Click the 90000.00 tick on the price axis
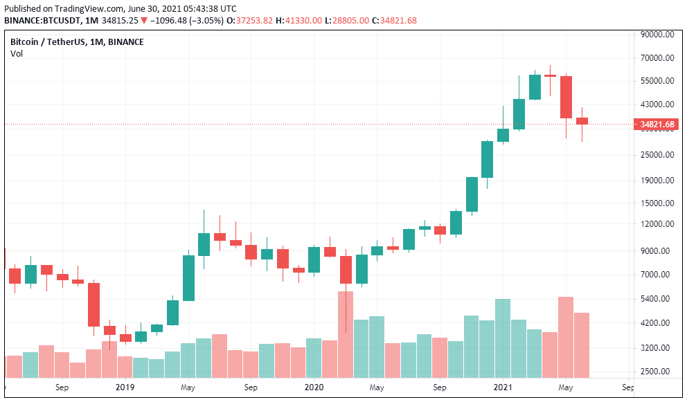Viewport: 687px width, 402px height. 657,35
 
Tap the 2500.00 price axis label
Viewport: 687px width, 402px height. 657,372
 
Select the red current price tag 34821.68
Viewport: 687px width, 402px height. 657,125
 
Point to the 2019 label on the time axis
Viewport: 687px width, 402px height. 125,388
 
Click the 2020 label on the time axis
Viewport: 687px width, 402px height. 314,388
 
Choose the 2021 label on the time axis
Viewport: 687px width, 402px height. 503,388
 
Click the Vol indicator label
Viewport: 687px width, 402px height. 16,54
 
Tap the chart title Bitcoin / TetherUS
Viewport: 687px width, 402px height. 47,42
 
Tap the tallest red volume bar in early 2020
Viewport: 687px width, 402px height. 346,335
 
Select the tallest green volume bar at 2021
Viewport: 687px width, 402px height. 503,338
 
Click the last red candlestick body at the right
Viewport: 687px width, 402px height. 582,121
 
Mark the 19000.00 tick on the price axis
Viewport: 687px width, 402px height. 657,181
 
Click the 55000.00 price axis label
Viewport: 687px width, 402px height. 657,81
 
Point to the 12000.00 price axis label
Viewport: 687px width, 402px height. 657,224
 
